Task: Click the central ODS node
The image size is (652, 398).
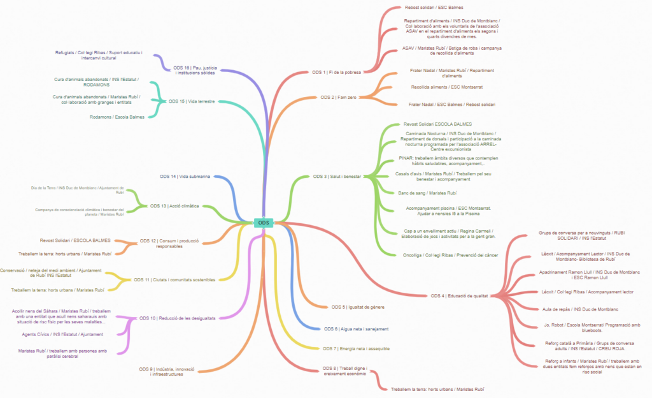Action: (264, 223)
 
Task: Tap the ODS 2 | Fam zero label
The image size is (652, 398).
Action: (337, 98)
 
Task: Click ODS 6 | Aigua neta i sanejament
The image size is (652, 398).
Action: (356, 328)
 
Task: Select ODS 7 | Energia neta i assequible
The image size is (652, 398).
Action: (356, 349)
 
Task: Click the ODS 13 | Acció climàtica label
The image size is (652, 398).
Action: (174, 206)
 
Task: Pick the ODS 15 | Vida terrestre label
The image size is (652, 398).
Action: (192, 101)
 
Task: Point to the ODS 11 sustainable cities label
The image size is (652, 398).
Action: (174, 279)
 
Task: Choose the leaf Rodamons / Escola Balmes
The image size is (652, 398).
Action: (117, 117)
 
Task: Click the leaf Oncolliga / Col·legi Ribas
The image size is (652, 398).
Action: (451, 255)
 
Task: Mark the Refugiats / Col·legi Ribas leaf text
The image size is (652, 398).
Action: (98, 55)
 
